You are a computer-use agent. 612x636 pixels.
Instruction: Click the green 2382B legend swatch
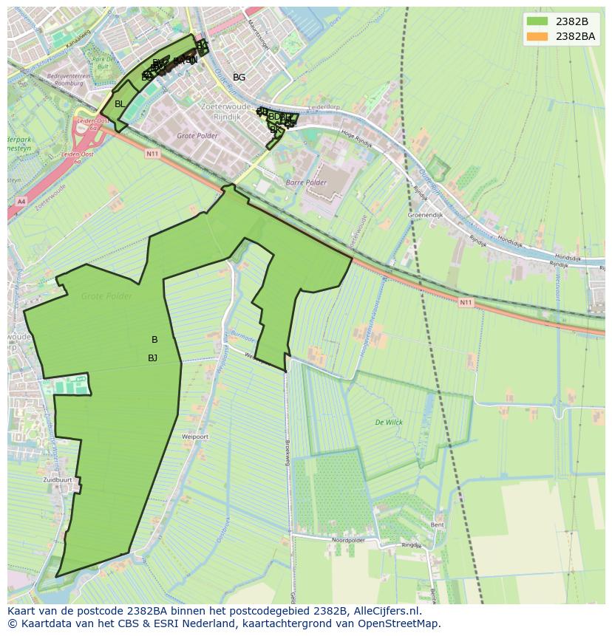tap(537, 21)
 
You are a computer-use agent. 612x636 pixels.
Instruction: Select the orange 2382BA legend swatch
tap(537, 36)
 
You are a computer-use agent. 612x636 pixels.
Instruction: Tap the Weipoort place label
tap(195, 437)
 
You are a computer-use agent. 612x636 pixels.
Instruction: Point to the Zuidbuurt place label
tap(58, 479)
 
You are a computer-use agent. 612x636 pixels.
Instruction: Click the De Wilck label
tap(389, 423)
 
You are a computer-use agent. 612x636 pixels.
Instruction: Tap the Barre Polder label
tap(306, 181)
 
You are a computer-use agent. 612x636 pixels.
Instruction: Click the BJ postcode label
tap(152, 358)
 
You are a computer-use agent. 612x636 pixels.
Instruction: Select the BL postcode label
tap(120, 104)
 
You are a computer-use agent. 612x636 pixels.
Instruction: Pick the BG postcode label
tap(239, 77)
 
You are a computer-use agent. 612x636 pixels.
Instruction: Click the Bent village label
tap(438, 524)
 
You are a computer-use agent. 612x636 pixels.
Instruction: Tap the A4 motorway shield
tap(20, 201)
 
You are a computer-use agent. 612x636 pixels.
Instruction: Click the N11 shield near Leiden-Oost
tap(152, 153)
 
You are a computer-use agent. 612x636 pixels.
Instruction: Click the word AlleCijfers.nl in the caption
tap(385, 611)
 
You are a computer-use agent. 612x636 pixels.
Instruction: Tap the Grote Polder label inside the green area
tap(107, 296)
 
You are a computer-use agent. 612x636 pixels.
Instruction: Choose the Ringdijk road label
tap(411, 545)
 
